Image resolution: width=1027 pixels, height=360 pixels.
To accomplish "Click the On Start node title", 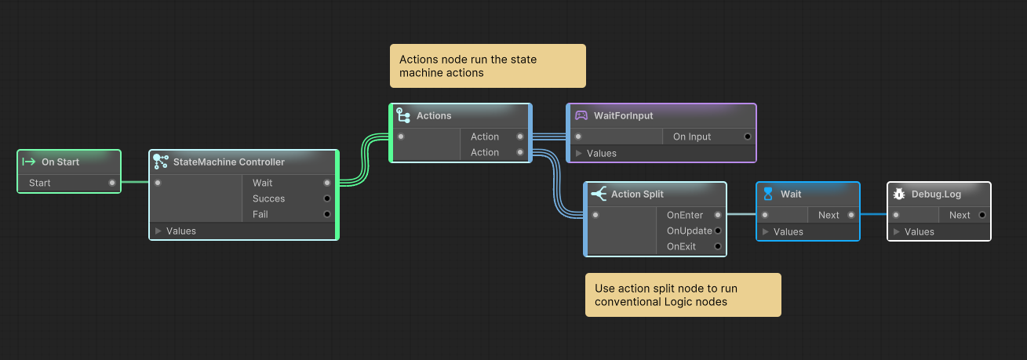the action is [60, 162].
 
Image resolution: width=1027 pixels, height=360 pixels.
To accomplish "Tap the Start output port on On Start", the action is [112, 183].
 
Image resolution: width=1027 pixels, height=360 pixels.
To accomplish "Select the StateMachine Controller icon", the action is [161, 162].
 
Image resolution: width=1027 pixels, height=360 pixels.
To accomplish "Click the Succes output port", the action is [327, 198].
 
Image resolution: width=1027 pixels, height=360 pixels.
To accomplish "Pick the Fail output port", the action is [327, 214].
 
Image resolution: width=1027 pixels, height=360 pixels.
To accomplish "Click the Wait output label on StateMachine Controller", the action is [262, 183].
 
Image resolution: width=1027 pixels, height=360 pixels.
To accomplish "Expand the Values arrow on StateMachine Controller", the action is [158, 231].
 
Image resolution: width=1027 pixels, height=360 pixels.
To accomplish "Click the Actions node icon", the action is [403, 115].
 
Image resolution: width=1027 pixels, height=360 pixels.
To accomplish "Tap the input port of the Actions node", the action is [401, 136].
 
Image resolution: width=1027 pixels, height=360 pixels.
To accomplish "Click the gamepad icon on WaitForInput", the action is [581, 115].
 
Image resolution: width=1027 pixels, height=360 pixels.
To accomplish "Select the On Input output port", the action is [748, 136].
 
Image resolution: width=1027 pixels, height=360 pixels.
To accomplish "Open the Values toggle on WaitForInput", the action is [578, 153].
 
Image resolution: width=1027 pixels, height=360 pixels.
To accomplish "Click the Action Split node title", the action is [637, 194].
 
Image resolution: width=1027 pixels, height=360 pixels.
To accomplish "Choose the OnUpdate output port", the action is [718, 231].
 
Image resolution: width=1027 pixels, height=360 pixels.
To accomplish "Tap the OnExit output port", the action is [718, 246].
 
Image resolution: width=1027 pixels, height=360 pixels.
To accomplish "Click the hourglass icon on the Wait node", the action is [768, 194].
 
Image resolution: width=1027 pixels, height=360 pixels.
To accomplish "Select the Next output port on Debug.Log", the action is [982, 215].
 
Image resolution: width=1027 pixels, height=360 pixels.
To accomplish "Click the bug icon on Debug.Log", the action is [899, 194].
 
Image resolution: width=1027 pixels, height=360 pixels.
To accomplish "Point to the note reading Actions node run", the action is [488, 66].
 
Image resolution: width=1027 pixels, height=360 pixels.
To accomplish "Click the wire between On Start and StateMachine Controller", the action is [135, 182].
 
